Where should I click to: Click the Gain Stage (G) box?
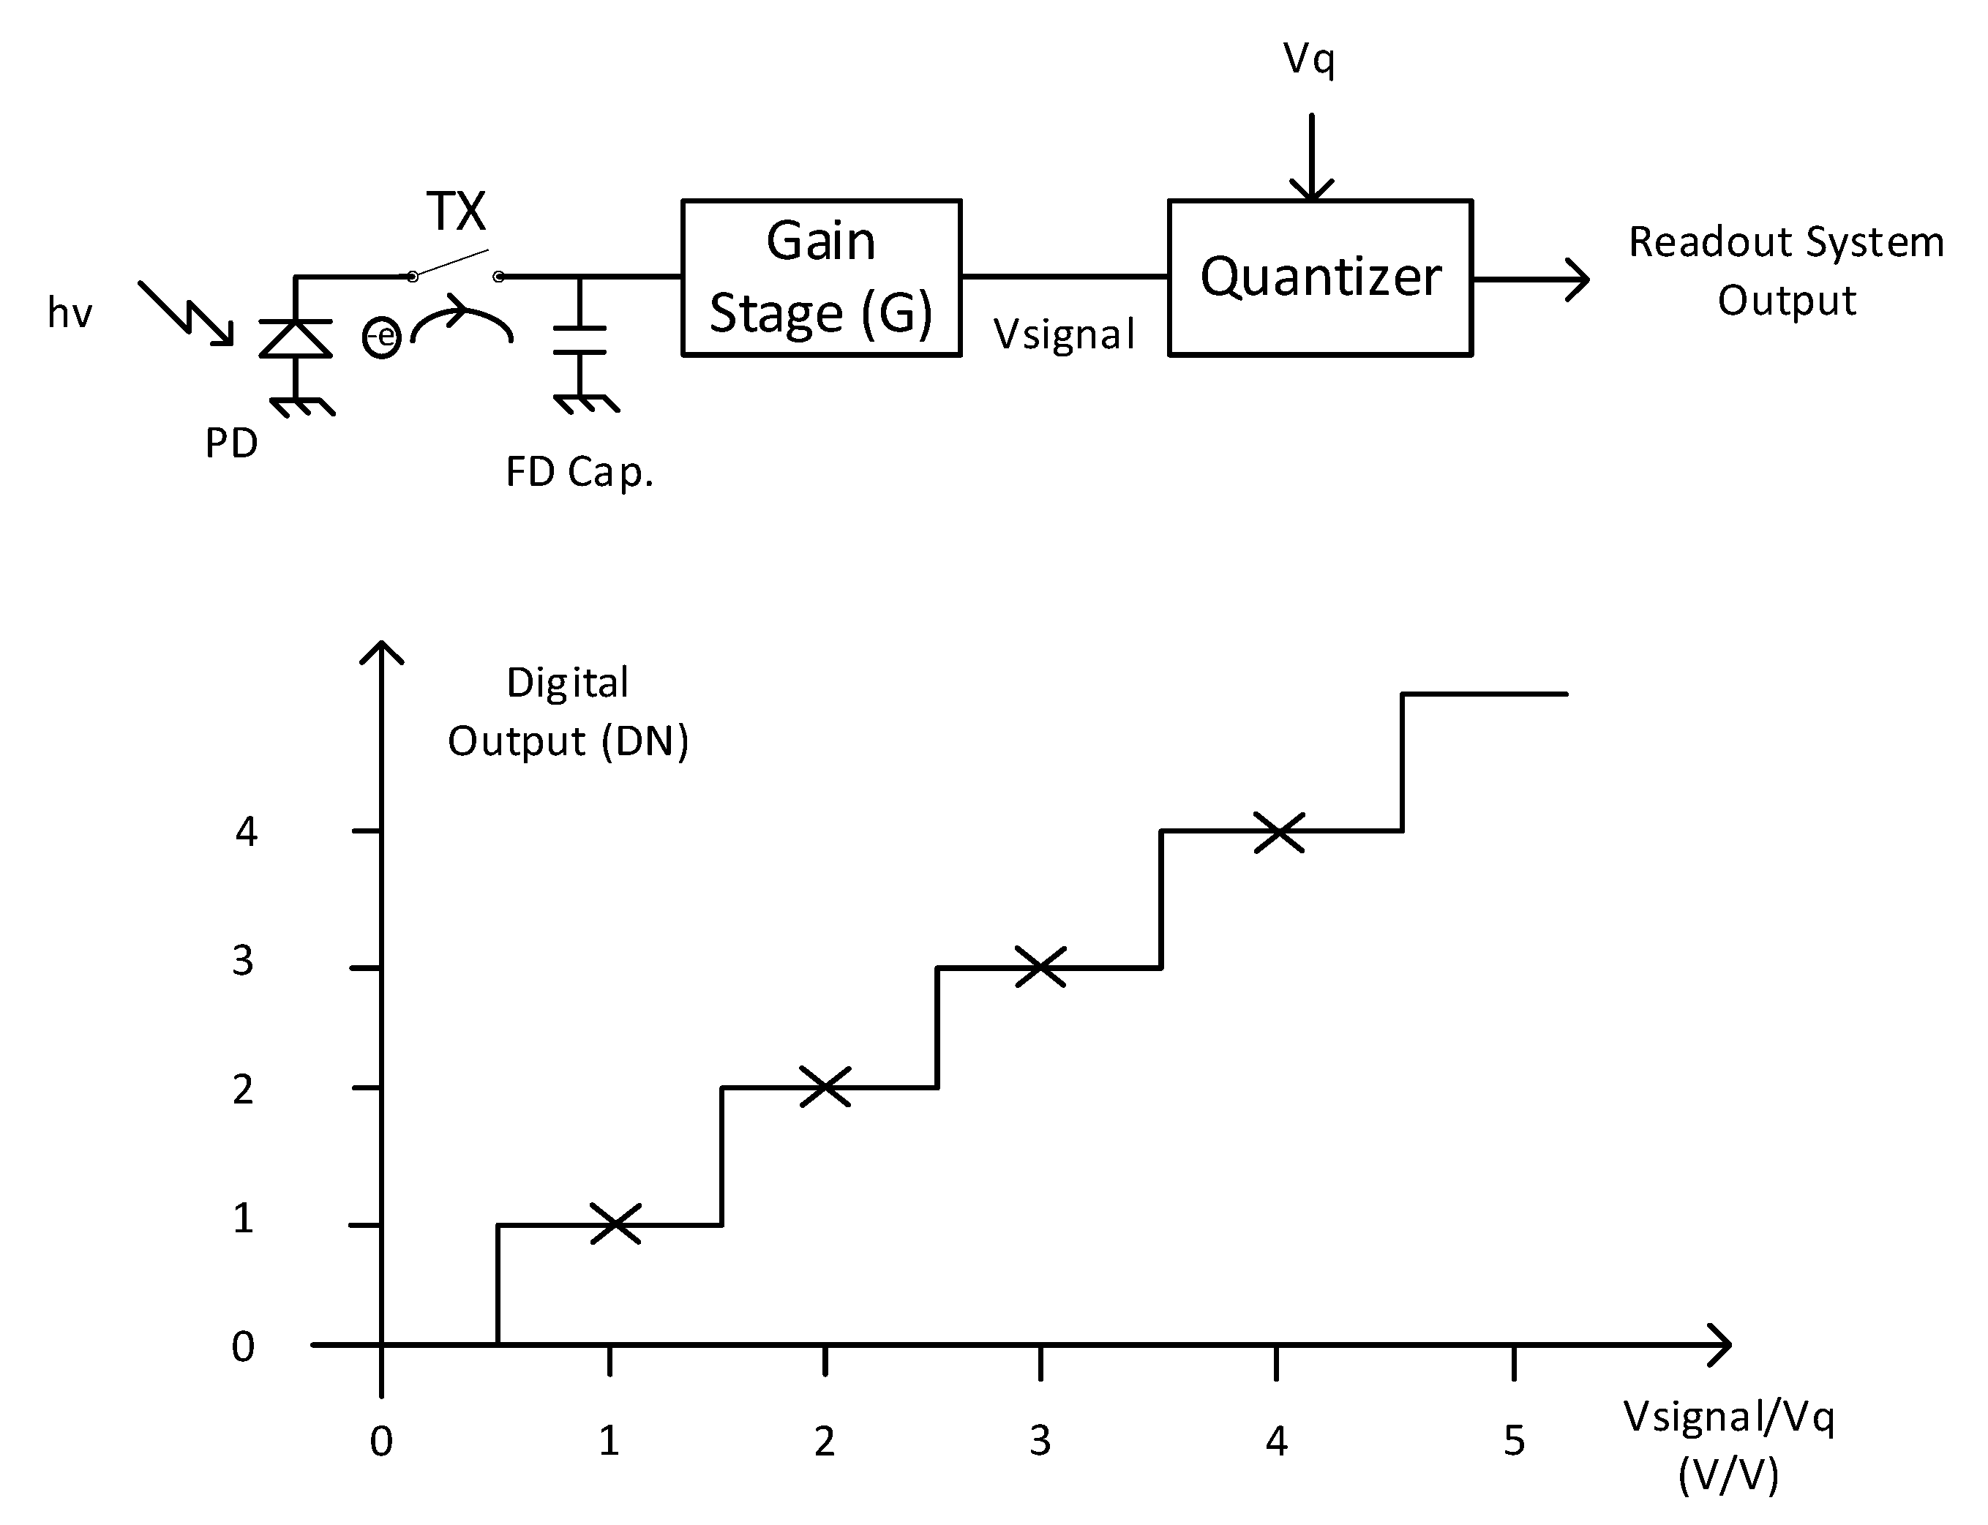821,277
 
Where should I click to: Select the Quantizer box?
1319,277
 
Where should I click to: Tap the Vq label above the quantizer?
1309,60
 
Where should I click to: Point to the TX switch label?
456,211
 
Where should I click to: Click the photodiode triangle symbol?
295,339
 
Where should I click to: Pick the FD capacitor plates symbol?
579,340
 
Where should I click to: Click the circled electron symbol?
382,337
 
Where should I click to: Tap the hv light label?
70,314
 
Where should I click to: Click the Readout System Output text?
1785,271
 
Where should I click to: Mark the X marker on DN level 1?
615,1224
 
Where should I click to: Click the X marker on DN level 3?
1040,967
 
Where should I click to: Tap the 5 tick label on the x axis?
1513,1442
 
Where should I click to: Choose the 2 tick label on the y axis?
242,1090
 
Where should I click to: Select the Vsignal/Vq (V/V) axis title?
1728,1445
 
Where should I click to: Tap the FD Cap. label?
579,473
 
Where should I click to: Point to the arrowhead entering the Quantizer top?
1310,189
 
